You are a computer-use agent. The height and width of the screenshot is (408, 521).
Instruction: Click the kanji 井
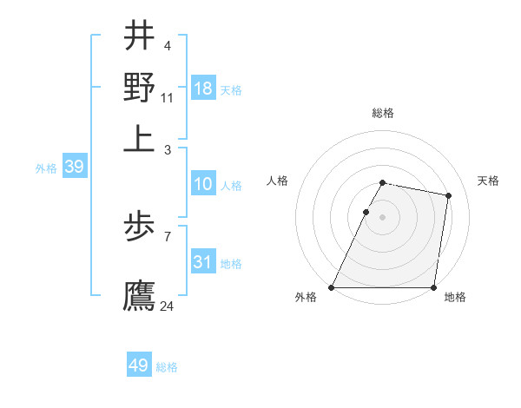click(x=139, y=36)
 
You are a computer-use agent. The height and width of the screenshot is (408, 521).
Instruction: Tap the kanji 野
click(x=139, y=86)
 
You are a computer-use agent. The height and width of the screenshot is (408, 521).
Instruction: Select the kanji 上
click(x=139, y=136)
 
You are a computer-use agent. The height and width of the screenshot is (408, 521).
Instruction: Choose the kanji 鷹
click(x=139, y=294)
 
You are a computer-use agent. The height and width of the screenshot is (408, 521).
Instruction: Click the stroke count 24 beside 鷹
click(x=168, y=306)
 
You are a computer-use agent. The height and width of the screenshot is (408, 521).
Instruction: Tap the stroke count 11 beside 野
click(x=168, y=97)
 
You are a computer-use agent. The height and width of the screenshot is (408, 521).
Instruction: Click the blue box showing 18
click(x=203, y=89)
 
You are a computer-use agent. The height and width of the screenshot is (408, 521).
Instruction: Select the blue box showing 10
click(x=203, y=185)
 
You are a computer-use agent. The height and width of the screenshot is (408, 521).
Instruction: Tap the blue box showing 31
click(x=203, y=262)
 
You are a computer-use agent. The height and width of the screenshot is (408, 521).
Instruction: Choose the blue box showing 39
click(x=74, y=168)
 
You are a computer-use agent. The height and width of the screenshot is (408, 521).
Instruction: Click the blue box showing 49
click(x=139, y=365)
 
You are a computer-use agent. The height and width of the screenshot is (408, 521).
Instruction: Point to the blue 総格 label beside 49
click(x=167, y=367)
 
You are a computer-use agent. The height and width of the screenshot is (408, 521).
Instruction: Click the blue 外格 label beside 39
click(x=46, y=168)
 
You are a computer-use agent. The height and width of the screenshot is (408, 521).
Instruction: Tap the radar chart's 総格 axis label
click(x=383, y=113)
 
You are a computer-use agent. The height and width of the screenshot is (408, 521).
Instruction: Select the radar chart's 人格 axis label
click(x=278, y=181)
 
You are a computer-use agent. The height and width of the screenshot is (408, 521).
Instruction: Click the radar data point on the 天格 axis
click(x=448, y=196)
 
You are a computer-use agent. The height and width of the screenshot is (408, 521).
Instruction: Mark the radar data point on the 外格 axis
click(x=332, y=287)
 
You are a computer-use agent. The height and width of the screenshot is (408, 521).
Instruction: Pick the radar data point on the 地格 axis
click(x=433, y=287)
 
